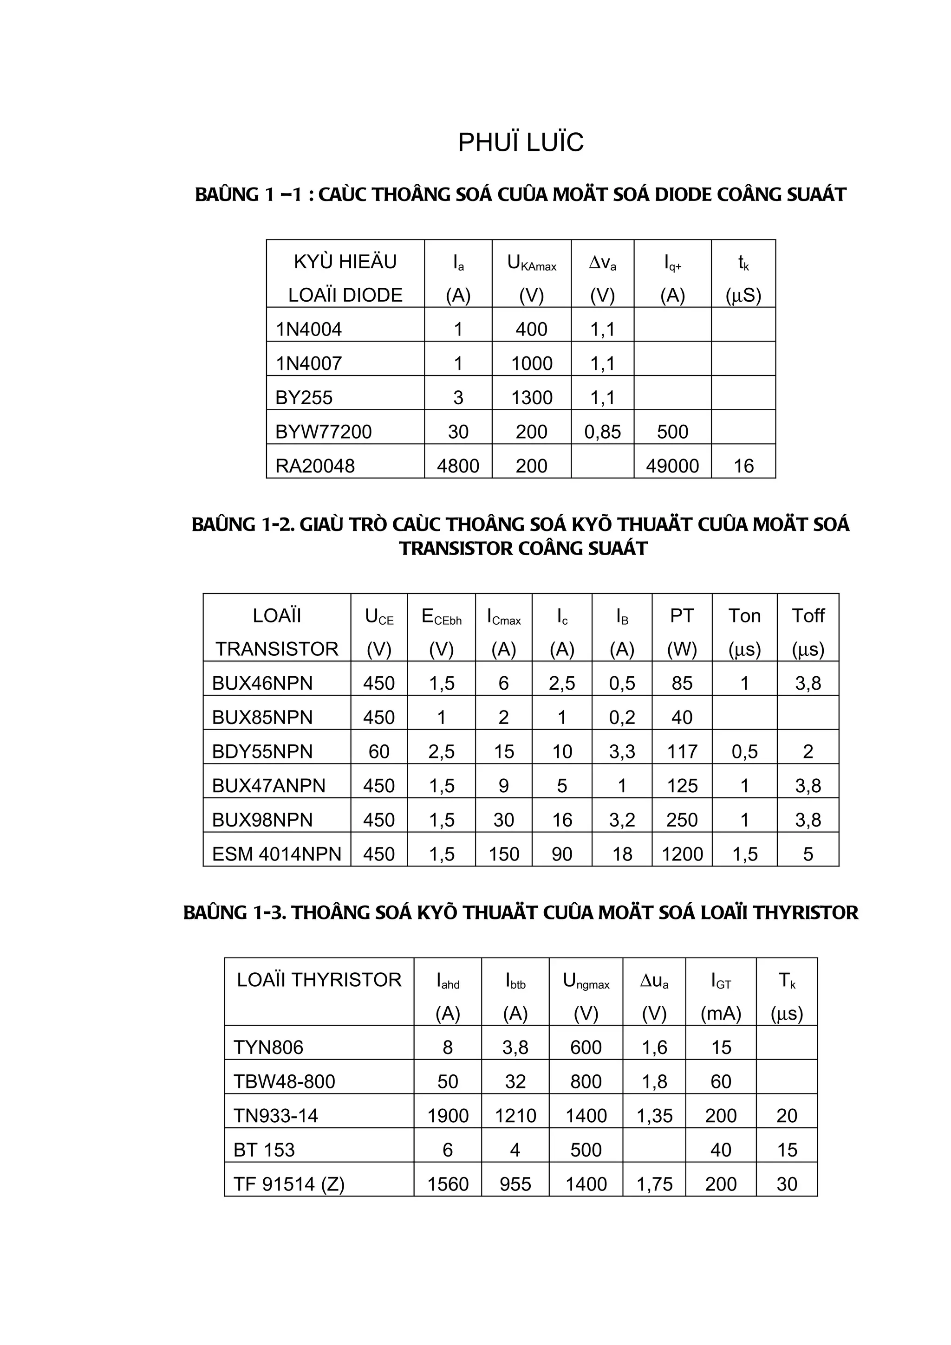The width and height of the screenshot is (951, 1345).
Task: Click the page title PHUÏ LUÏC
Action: pyautogui.click(x=521, y=142)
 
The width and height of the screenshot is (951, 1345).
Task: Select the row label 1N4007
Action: pyautogui.click(x=309, y=363)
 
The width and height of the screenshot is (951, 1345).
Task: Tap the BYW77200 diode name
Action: pyautogui.click(x=324, y=432)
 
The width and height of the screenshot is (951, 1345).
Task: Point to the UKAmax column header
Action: pyautogui.click(x=532, y=263)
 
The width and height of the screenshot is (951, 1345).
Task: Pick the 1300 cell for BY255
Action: pyautogui.click(x=532, y=398)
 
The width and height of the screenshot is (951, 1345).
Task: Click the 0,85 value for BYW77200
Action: pyautogui.click(x=602, y=432)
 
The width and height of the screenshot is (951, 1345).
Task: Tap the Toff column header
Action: pyautogui.click(x=808, y=616)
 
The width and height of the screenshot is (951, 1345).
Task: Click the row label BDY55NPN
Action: pyautogui.click(x=262, y=751)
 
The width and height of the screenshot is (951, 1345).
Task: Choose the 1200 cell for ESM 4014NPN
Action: pyautogui.click(x=682, y=854)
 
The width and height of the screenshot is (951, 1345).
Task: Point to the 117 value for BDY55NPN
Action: pyautogui.click(x=682, y=751)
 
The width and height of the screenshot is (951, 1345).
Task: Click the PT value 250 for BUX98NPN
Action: pyautogui.click(x=682, y=820)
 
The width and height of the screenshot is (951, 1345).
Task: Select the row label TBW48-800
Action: pyautogui.click(x=284, y=1081)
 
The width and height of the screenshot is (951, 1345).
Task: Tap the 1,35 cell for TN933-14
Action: pyautogui.click(x=654, y=1115)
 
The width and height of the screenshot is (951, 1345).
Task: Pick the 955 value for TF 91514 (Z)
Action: pyautogui.click(x=515, y=1184)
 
